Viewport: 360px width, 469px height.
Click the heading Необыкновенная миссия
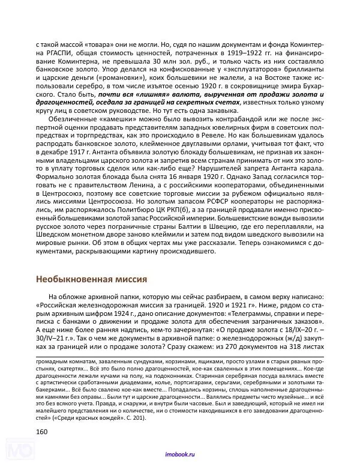click(x=92, y=279)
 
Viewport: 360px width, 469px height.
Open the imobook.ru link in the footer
click(x=179, y=458)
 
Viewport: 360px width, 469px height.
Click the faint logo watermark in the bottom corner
click(x=18, y=450)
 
